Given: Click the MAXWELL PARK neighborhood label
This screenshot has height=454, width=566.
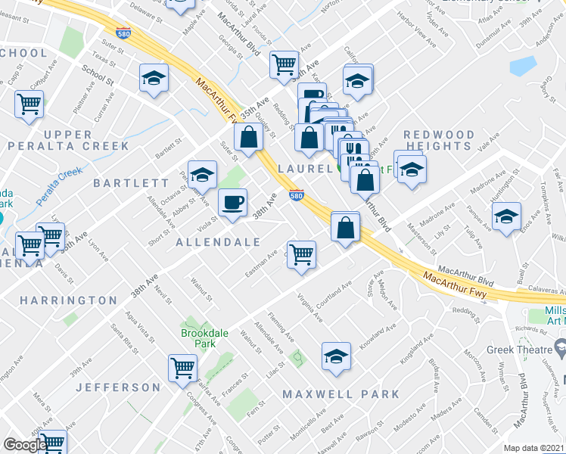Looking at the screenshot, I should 341,394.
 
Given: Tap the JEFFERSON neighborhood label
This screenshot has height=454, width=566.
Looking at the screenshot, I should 118,387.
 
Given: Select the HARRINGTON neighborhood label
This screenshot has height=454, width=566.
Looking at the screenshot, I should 69,300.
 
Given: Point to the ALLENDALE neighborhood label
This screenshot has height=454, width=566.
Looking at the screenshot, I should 218,242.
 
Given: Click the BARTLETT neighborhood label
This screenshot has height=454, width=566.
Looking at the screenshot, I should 132,183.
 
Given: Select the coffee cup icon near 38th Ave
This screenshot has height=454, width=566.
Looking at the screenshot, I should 232,202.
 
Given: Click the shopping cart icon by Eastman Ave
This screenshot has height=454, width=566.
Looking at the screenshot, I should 301,253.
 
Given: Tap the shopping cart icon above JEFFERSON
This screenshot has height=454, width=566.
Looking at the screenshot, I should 182,368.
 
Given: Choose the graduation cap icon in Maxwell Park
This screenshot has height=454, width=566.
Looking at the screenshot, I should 336,356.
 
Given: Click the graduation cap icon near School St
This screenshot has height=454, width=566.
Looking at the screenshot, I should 154,78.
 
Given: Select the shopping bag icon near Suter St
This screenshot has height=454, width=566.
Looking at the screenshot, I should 248,138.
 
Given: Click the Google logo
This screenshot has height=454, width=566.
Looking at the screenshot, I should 24,445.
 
